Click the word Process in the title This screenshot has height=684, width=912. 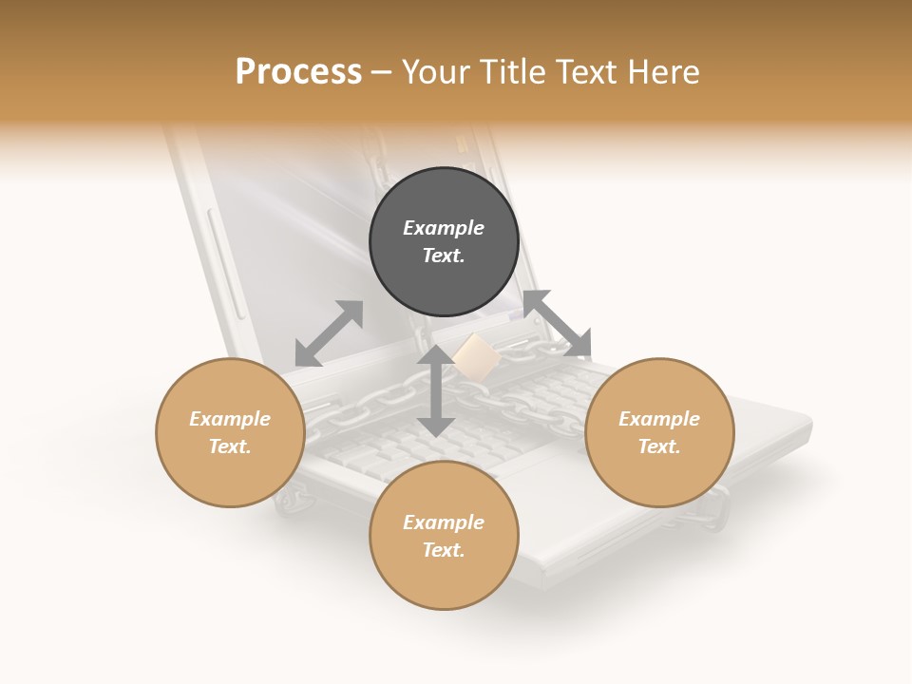(x=298, y=72)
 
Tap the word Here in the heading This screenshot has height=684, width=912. (x=664, y=72)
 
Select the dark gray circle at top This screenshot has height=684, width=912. (x=444, y=242)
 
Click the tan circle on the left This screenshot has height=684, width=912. (x=230, y=432)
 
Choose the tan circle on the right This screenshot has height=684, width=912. (x=659, y=432)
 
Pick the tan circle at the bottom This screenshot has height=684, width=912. (x=444, y=535)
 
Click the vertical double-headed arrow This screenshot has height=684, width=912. (x=436, y=390)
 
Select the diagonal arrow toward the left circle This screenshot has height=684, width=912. (x=329, y=333)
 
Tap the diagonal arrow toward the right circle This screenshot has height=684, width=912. (x=557, y=324)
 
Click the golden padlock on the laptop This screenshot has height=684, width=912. (x=475, y=359)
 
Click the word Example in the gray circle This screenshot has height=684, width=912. (x=444, y=228)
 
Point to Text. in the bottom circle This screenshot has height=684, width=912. (x=444, y=550)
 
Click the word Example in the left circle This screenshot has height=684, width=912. (x=230, y=419)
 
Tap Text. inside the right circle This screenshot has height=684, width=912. (x=659, y=446)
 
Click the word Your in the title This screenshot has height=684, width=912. (x=437, y=72)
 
